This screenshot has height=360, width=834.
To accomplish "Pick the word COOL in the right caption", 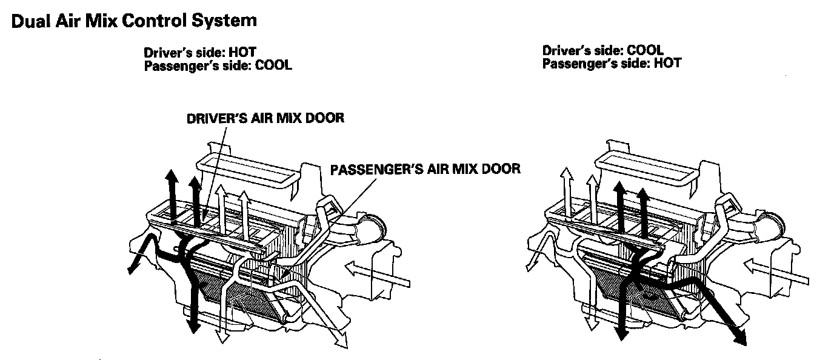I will click(645, 50).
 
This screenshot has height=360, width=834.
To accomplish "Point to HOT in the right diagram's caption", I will click(667, 62).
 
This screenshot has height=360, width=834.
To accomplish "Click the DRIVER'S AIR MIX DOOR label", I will click(264, 118).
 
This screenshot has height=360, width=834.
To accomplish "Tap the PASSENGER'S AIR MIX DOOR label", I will click(425, 168).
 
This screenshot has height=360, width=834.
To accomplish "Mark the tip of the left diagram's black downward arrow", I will click(193, 330).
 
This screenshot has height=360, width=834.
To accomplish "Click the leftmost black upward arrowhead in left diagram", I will click(173, 176).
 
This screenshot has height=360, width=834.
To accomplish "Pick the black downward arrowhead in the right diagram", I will click(621, 336).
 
